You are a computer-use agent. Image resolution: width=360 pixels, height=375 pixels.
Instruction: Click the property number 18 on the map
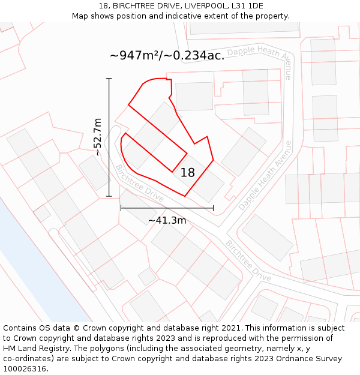pos(188,173)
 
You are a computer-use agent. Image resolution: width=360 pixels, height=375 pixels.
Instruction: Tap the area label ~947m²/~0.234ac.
pos(167,55)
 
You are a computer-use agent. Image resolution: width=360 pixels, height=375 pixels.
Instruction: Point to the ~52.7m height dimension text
pos(98,137)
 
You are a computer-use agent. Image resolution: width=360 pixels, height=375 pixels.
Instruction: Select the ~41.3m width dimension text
pos(167,220)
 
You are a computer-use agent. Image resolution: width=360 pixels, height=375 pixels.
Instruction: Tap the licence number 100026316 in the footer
pos(25,369)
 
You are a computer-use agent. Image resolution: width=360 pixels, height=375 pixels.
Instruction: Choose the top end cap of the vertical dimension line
pos(109,79)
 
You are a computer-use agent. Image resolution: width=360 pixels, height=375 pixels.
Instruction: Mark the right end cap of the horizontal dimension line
pos(213,208)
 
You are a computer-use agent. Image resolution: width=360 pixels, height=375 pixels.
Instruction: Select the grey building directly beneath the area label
pos(194,96)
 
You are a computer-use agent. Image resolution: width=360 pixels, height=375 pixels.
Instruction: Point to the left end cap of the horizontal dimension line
pos(121,208)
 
